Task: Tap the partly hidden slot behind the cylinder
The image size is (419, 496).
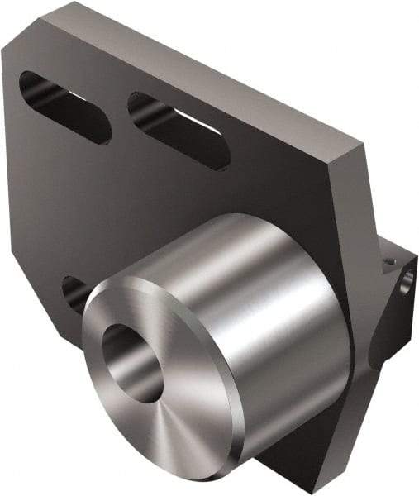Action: tap(74, 293)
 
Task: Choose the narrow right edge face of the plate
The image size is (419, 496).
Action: tap(355, 215)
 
